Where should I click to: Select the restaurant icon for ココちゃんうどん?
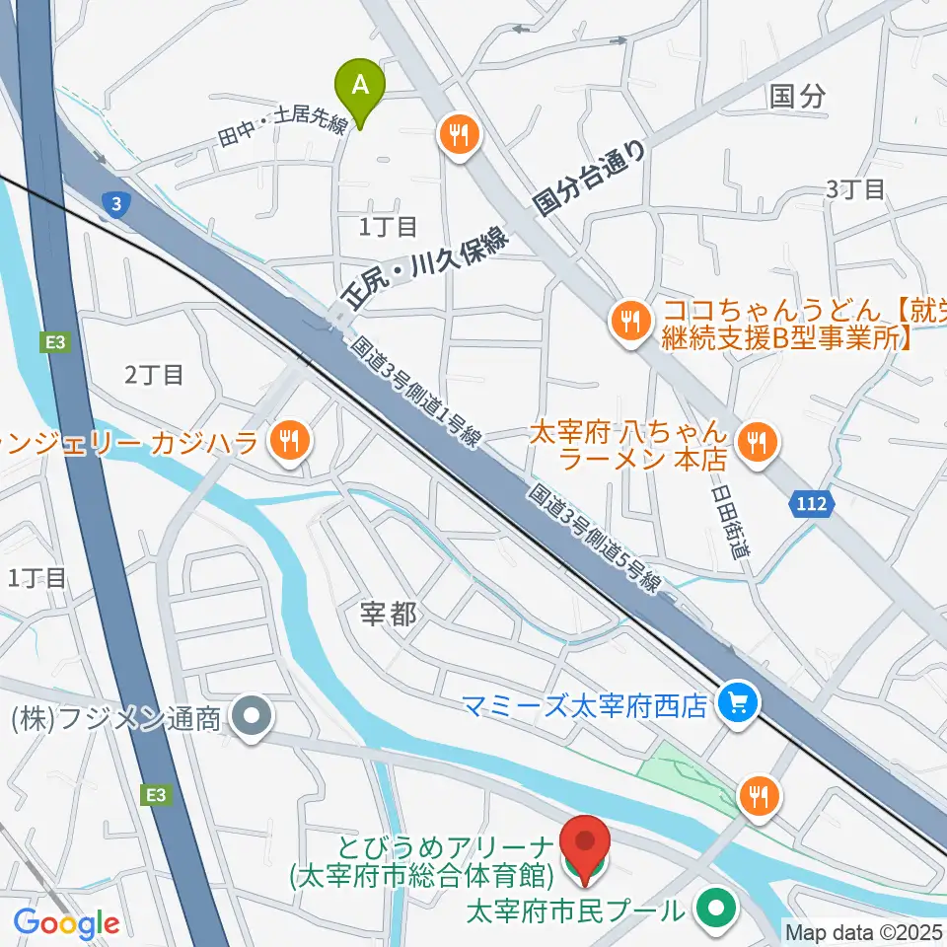(627, 321)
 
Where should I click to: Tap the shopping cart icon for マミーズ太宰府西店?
(736, 703)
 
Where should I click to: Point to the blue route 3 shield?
(116, 204)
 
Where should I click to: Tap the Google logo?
(66, 923)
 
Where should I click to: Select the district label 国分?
(796, 96)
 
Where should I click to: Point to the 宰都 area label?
(388, 616)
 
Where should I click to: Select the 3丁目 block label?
(855, 189)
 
